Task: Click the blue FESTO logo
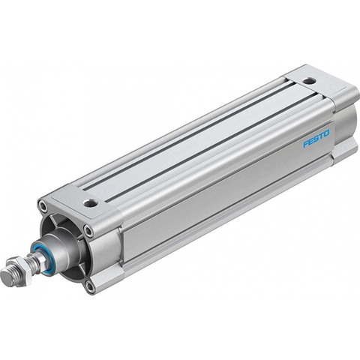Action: click(x=316, y=138)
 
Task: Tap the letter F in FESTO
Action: click(x=306, y=144)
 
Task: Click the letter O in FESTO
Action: click(x=326, y=133)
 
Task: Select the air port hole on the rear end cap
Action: click(x=309, y=81)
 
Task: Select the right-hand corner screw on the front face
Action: click(x=88, y=229)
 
